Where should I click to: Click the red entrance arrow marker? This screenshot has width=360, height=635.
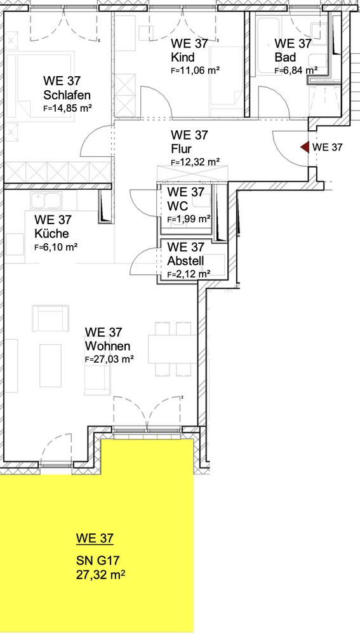(305, 147)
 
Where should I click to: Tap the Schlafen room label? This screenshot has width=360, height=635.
(67, 96)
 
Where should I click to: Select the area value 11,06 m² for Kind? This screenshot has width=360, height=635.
(195, 70)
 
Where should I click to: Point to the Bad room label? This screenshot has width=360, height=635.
(285, 57)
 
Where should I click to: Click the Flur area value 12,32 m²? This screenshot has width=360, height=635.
(195, 162)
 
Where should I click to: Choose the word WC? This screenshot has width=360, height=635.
(177, 206)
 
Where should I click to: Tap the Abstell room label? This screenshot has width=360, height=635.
(185, 261)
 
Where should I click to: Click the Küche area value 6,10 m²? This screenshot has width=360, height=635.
(57, 247)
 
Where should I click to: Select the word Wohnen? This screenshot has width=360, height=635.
(108, 346)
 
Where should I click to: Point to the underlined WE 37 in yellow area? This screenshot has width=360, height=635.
(95, 538)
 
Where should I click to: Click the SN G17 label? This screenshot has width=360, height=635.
(98, 561)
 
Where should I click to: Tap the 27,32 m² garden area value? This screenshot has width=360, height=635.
(100, 575)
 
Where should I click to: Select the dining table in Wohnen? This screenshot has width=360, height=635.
(172, 349)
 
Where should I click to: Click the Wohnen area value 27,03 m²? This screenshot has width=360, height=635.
(110, 359)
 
